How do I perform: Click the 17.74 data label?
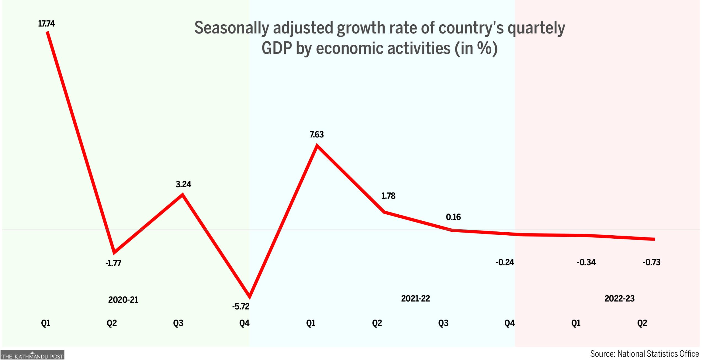46,24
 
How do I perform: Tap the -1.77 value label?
113,263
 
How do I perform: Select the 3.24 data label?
183,184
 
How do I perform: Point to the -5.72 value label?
241,306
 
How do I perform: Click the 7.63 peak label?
317,135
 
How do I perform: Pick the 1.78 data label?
388,196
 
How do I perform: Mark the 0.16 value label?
453,217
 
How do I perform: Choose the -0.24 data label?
505,262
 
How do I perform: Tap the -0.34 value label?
586,262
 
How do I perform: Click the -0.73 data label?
651,262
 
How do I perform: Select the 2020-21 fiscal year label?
123,300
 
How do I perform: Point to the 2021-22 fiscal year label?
416,298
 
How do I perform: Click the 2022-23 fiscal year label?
619,298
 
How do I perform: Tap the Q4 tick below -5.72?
244,323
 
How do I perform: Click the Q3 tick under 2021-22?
443,323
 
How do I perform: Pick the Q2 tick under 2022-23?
642,323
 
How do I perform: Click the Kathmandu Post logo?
32,355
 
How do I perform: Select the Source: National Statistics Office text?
645,354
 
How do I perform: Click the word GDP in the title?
277,48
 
